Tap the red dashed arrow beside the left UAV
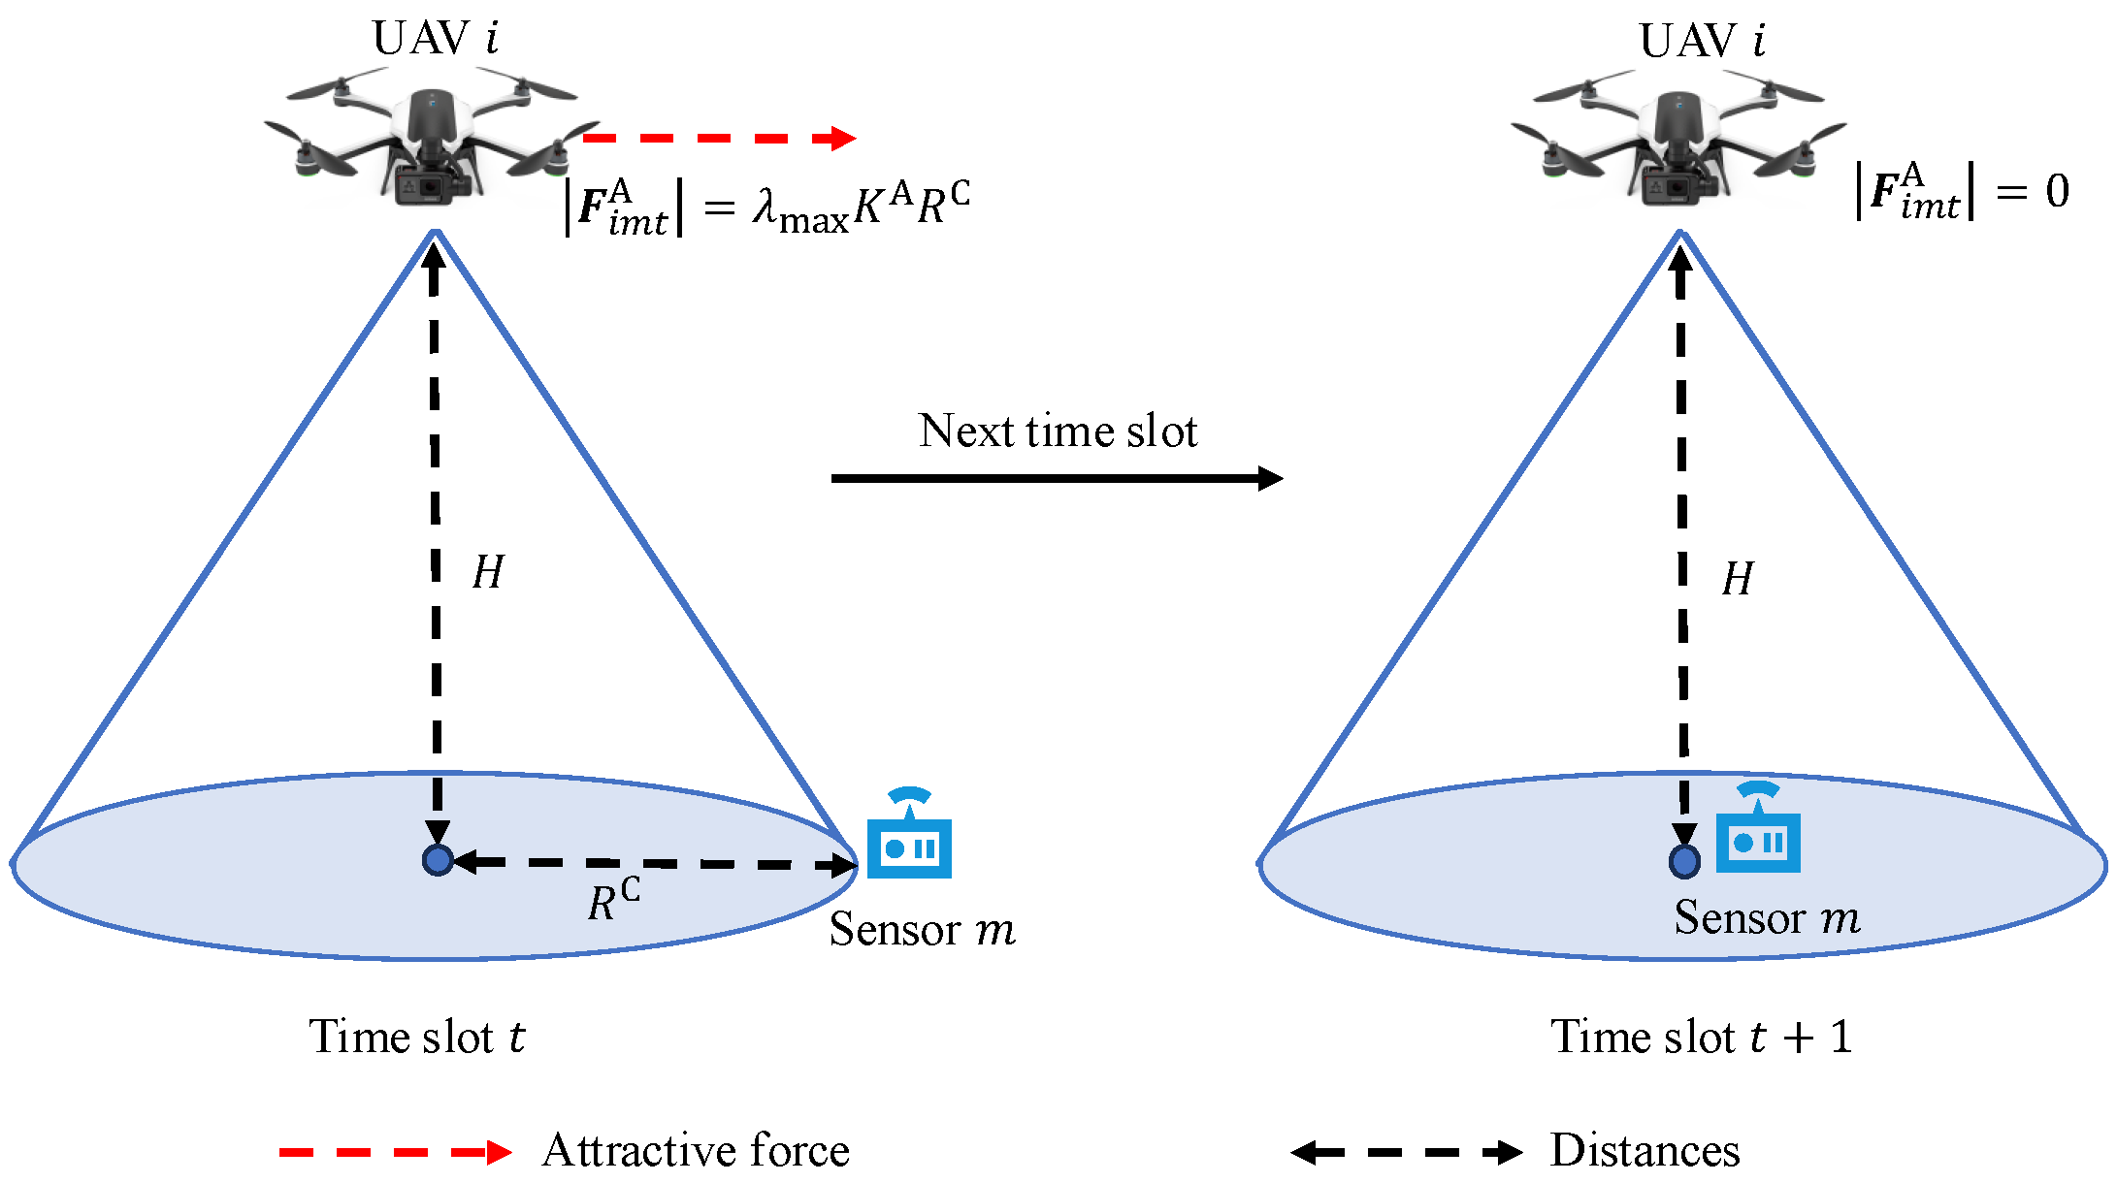click(x=718, y=139)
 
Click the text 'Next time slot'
click(x=1058, y=431)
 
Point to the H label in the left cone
click(x=488, y=572)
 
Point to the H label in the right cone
click(x=1737, y=579)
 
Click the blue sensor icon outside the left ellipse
click(x=909, y=836)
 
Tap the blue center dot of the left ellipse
click(x=438, y=860)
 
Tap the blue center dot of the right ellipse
click(x=1684, y=860)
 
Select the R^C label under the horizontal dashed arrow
click(x=613, y=901)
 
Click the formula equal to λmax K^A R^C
click(x=766, y=207)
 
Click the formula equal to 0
click(x=1960, y=191)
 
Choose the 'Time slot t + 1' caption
click(x=1701, y=1037)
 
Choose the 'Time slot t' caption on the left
click(x=417, y=1037)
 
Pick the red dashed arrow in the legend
click(x=395, y=1152)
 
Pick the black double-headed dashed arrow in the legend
click(x=1406, y=1152)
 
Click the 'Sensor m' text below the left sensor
click(x=922, y=930)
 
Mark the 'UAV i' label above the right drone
click(x=1702, y=41)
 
